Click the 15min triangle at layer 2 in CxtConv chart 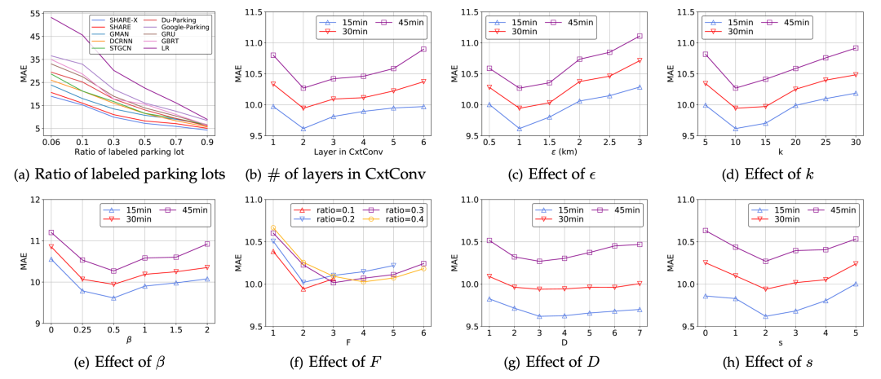(303, 129)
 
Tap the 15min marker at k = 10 (735, 129)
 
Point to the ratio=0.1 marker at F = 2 (303, 289)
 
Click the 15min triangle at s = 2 (765, 316)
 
